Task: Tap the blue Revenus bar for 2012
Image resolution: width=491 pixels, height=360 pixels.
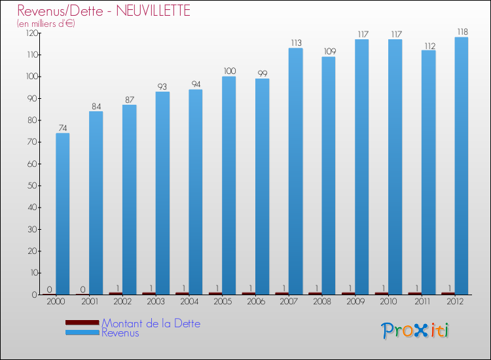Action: [462, 166]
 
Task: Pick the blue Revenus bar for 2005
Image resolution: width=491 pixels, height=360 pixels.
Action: [228, 186]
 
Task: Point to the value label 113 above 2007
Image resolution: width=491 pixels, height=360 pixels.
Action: [295, 43]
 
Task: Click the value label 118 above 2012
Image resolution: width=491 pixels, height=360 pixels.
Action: [462, 31]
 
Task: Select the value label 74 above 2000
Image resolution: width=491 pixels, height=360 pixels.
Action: [63, 128]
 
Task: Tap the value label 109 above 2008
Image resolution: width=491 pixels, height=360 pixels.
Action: [329, 51]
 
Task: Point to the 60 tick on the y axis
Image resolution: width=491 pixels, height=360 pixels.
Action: [31, 164]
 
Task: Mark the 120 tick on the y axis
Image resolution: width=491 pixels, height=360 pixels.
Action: [29, 33]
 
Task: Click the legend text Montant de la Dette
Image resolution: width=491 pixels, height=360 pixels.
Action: [151, 323]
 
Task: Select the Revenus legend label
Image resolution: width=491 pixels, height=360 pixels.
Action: [120, 333]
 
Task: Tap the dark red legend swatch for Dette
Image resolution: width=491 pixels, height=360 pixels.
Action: [82, 323]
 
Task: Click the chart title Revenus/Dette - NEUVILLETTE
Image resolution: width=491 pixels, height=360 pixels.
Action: [104, 10]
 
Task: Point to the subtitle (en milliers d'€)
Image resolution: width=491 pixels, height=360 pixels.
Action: [46, 24]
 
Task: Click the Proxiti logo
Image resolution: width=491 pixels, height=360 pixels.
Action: [415, 331]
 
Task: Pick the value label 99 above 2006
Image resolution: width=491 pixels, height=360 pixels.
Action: [262, 73]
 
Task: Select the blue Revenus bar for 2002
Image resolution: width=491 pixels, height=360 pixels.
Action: [129, 200]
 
